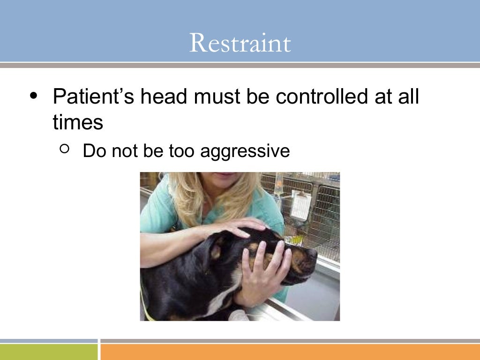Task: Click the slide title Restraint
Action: [x=240, y=43]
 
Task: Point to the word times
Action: [x=78, y=122]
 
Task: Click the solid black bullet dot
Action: [x=33, y=96]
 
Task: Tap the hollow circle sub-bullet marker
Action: [x=65, y=150]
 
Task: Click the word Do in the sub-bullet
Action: [x=92, y=151]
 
